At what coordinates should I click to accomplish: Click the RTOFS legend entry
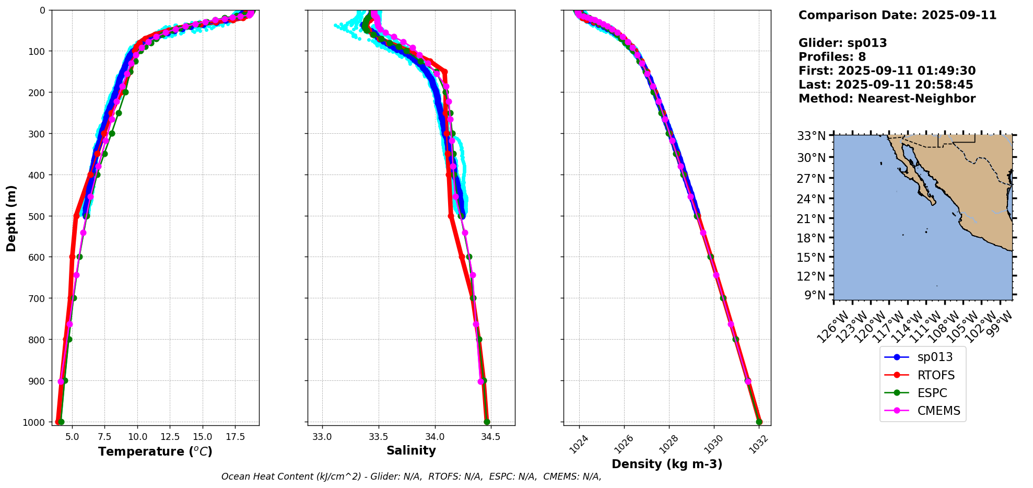tap(935, 375)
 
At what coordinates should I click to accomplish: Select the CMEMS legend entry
tap(938, 411)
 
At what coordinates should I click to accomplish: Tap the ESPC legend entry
tap(932, 393)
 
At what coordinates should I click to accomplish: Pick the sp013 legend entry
tap(935, 357)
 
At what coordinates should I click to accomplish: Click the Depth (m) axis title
tap(11, 218)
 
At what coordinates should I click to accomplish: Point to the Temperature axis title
tap(155, 451)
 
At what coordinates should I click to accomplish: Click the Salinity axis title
tap(411, 450)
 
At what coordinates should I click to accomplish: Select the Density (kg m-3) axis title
tap(667, 464)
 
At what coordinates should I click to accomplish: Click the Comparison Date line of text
tap(897, 15)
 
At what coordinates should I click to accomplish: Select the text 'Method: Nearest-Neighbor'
tap(887, 99)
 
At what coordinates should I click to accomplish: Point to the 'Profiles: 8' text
tap(832, 57)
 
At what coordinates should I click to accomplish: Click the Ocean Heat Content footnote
tap(411, 477)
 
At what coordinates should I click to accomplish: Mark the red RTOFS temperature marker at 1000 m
tap(57, 422)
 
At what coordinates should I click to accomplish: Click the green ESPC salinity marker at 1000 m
tap(487, 422)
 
